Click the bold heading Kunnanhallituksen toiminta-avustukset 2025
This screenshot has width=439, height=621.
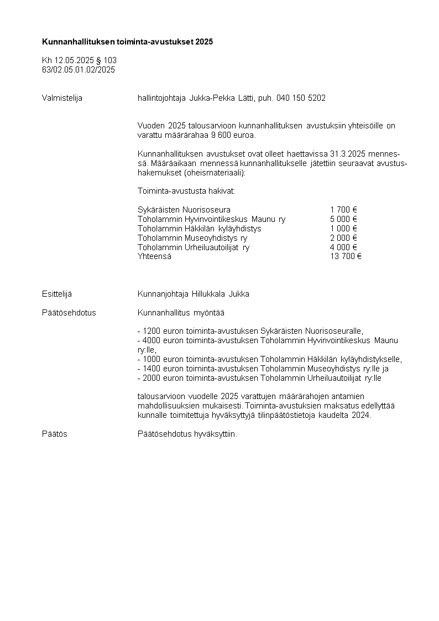point(127,42)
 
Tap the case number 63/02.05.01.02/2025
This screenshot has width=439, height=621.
point(79,70)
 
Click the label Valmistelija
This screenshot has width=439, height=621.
point(62,98)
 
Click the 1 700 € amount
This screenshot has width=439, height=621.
point(343,210)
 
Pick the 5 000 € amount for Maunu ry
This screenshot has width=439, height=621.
point(343,219)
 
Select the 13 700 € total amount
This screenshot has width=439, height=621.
point(346,256)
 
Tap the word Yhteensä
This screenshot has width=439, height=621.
point(154,256)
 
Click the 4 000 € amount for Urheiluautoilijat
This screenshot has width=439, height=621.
point(343,247)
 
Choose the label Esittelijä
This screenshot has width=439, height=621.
point(57,294)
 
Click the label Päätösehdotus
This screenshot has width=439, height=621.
point(69,313)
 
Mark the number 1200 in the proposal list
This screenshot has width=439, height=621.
point(151,332)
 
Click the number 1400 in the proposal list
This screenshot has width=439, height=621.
point(151,369)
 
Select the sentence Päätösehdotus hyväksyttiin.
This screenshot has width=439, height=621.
point(187,434)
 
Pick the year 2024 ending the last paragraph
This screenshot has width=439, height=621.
point(362,415)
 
